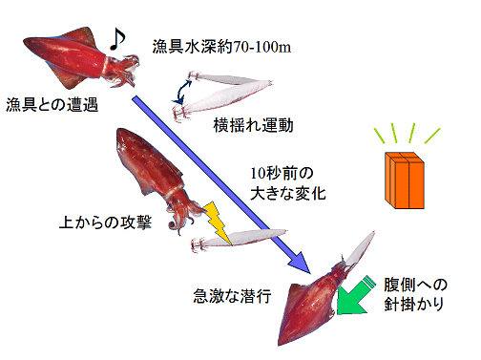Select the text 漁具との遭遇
pyautogui.click(x=52, y=103)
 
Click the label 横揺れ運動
pyautogui.click(x=253, y=125)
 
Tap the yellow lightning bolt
pyautogui.click(x=216, y=223)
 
